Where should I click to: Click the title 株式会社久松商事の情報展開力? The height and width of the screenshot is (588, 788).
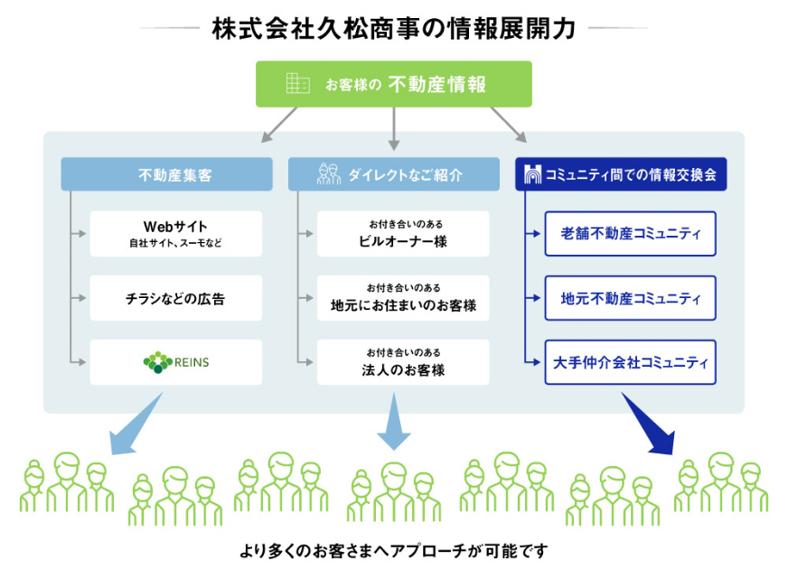393,28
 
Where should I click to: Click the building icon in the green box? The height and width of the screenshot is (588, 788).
297,83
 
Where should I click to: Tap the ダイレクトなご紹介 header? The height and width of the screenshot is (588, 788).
394,175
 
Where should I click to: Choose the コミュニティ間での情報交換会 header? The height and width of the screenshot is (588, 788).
621,175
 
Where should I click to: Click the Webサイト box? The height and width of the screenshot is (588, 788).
175,233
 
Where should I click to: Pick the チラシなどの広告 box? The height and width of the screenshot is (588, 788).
175,298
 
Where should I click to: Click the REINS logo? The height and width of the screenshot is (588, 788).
175,362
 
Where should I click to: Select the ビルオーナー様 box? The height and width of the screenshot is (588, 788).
403,233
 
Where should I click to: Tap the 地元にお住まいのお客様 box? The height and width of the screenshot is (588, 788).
403,298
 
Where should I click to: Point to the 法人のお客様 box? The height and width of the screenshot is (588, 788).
403,362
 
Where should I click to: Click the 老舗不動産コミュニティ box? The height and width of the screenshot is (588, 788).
630,234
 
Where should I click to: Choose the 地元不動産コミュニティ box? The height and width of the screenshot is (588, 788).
630,298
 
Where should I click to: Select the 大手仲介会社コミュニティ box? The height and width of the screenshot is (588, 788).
630,362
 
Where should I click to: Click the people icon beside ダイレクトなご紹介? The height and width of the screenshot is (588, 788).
329,174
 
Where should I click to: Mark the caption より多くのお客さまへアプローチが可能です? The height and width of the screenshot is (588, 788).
393,550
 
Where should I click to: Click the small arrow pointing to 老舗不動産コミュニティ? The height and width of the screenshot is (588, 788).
534,234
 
